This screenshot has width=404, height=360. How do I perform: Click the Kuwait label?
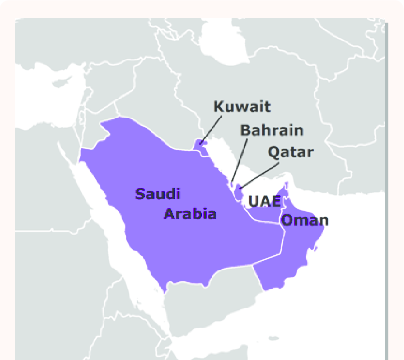(242, 106)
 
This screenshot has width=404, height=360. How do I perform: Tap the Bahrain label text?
(272, 131)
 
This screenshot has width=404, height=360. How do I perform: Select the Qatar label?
(290, 152)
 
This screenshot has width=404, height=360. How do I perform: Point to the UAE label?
(265, 202)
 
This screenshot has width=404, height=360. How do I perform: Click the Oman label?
(305, 220)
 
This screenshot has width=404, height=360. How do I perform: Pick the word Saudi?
(158, 194)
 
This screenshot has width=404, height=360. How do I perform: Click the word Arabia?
(190, 214)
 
